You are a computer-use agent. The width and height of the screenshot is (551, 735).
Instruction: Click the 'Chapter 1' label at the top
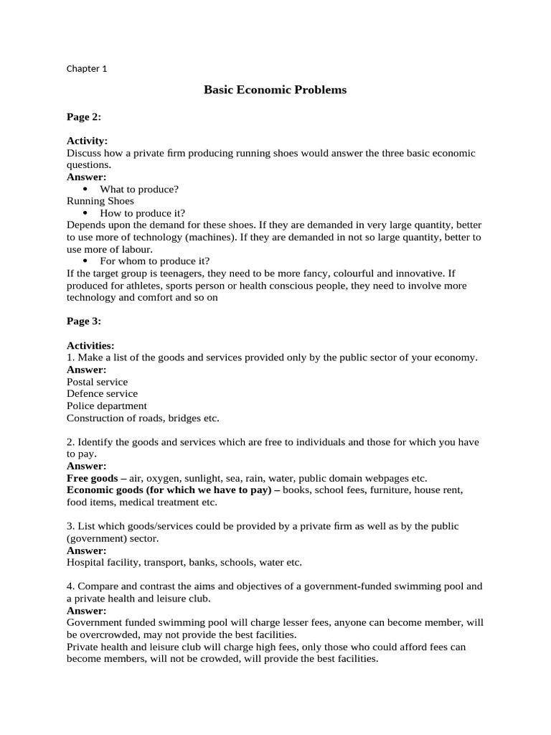[x=86, y=69]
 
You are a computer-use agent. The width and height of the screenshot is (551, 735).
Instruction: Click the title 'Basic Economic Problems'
[x=275, y=90]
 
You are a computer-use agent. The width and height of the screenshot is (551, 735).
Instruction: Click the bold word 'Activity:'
[x=87, y=141]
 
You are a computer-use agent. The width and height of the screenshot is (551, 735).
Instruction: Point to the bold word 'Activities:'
[x=90, y=345]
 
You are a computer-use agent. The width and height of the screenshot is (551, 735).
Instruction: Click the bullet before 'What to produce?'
[x=85, y=189]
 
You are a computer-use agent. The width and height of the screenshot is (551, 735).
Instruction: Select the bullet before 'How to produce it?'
[x=85, y=213]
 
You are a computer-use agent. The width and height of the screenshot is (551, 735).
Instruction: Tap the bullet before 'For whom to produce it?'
[x=85, y=261]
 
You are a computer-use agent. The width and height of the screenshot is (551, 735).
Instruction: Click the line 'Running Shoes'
[x=100, y=201]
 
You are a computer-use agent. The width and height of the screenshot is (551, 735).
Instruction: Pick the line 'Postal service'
[x=97, y=382]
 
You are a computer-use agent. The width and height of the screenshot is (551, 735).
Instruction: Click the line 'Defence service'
[x=102, y=393]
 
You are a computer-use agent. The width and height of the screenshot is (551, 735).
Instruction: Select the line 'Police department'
[x=106, y=406]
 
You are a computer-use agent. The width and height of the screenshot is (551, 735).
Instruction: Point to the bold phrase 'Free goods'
[x=93, y=478]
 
